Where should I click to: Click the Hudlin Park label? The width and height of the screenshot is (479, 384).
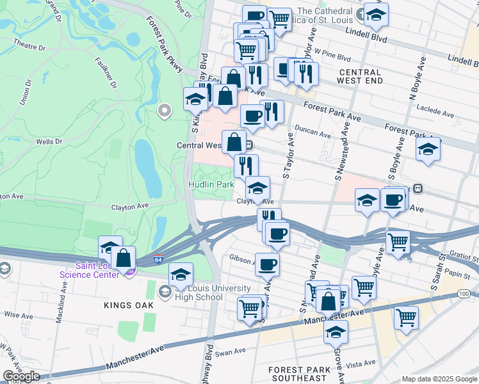point(211,184)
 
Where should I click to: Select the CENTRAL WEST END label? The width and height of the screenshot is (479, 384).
point(361,77)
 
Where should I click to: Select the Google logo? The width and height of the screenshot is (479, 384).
point(21,376)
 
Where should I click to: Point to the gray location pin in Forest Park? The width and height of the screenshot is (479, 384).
point(165,111)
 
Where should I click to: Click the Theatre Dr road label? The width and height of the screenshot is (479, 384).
point(29,47)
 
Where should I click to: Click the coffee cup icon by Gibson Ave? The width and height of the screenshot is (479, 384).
point(268,263)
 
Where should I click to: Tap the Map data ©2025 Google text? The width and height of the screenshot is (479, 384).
point(440,379)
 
